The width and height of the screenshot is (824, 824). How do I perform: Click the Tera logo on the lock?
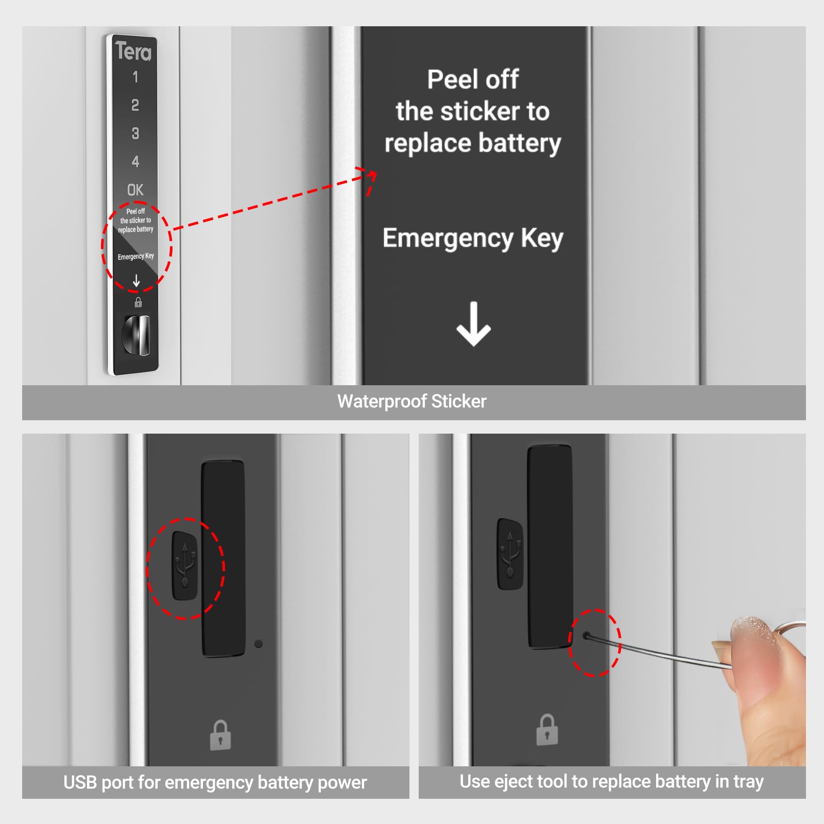pos(133,51)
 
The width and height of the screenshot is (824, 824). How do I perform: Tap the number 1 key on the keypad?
pos(135,77)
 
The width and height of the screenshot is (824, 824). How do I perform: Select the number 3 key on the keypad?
pos(135,133)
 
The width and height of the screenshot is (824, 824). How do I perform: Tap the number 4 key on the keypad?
pos(135,162)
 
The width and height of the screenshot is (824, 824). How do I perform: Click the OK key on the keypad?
pos(135,190)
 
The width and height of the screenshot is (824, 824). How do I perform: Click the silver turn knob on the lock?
pos(137,335)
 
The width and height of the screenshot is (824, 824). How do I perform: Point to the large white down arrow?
pos(473,324)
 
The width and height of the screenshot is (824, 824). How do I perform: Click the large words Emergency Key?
pos(473,238)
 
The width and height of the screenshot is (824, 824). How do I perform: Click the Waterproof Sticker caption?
pos(412,402)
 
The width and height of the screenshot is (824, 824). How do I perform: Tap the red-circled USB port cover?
pos(185,566)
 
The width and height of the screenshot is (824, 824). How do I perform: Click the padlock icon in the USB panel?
pos(220,735)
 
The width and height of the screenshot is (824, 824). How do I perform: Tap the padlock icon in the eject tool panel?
pos(547,730)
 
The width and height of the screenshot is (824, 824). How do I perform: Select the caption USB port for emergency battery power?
pos(215,782)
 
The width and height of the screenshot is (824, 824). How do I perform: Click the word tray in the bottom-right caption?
pos(748,782)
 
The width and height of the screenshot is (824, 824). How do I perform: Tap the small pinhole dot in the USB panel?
pos(259,644)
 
